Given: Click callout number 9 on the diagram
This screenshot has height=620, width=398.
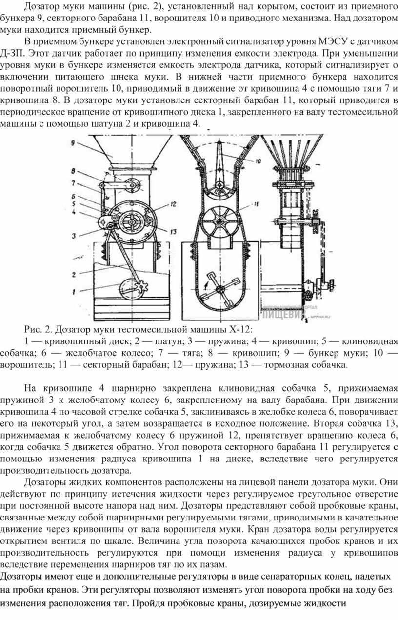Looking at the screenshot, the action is (73, 143).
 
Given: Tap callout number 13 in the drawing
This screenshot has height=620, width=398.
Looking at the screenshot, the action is (174, 232).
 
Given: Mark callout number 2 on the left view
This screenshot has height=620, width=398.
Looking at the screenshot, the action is (74, 275).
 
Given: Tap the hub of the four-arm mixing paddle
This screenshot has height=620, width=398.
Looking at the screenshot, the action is (220, 289).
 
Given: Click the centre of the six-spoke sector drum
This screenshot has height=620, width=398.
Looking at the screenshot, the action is (220, 220).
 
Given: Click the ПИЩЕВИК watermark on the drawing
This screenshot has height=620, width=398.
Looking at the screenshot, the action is (282, 314).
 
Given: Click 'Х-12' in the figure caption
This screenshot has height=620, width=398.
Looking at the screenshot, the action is (241, 330).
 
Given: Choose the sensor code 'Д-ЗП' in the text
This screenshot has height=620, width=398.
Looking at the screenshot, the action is (11, 54).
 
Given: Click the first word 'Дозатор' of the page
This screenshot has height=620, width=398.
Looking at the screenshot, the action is (41, 7).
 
